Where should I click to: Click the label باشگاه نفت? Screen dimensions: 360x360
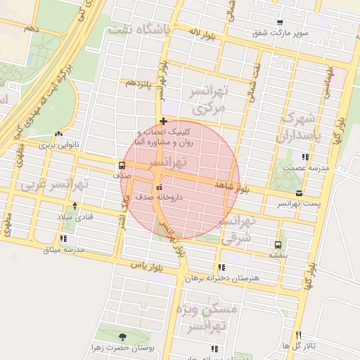click(141, 30)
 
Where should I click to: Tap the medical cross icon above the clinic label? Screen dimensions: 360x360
click(163, 122)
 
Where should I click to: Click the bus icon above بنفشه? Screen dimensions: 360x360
click(279, 245)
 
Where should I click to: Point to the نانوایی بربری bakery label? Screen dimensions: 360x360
click(59, 144)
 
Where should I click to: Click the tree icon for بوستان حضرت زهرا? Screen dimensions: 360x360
click(124, 336)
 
